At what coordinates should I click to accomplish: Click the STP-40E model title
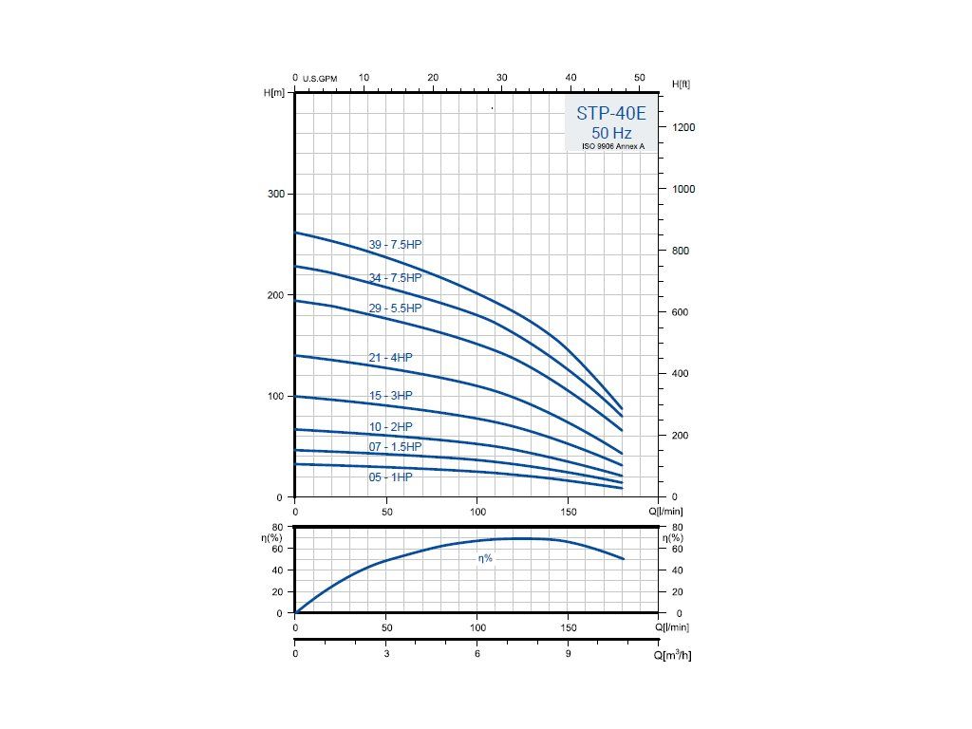611,113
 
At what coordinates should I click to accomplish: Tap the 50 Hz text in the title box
611,133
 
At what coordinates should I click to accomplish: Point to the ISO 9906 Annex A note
612,146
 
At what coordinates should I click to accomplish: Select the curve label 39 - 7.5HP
395,245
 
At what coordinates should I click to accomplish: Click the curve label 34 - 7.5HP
395,278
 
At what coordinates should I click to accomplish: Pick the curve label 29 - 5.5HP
395,308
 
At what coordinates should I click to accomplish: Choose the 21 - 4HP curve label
390,358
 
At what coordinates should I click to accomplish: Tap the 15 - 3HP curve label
390,396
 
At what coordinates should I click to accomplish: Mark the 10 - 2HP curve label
390,427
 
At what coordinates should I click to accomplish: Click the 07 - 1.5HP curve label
395,447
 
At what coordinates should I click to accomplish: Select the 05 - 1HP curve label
390,477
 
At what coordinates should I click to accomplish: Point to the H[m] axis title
273,92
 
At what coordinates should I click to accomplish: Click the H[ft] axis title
681,84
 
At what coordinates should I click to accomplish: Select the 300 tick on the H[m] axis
273,195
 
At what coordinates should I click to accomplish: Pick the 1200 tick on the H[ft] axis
683,127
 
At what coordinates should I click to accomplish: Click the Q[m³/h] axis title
672,656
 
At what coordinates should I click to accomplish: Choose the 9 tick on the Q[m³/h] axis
568,654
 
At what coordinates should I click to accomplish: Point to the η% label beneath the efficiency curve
485,559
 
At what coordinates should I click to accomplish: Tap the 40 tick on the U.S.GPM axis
570,78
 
